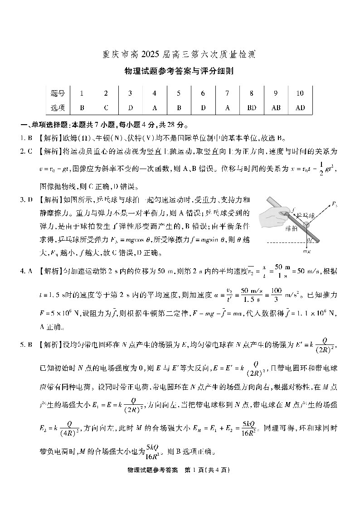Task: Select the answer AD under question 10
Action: pos(300,108)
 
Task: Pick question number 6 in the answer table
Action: pos(203,93)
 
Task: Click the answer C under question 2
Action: pos(106,108)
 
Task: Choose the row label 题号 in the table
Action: pos(58,93)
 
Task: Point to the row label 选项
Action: pos(58,108)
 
